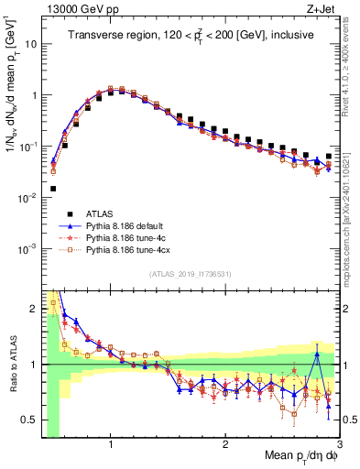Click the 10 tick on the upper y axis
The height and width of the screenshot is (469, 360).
(30, 44)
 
